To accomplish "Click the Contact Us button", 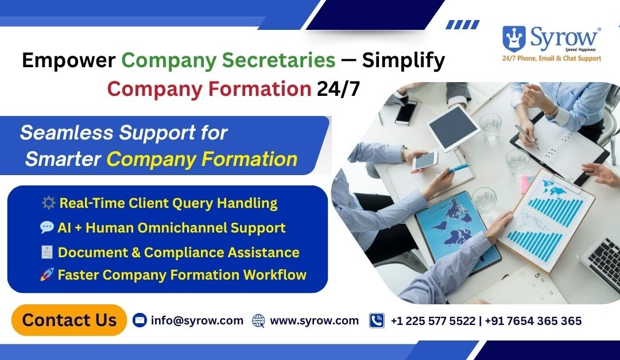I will (x=69, y=320).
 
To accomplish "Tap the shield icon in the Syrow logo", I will (x=514, y=38).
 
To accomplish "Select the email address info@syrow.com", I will (x=197, y=320).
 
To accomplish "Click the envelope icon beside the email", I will (x=139, y=320).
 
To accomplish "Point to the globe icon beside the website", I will (x=259, y=321).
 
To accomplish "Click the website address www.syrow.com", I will (x=314, y=320).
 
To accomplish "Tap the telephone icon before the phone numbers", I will (x=377, y=320).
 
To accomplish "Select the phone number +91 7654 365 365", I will (x=533, y=321).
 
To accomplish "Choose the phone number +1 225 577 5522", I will (x=433, y=321).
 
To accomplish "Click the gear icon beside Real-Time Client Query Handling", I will (x=48, y=203).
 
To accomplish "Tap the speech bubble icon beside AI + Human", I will (x=47, y=228).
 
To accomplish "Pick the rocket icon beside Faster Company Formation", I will (x=47, y=275).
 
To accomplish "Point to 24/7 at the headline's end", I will (x=339, y=89).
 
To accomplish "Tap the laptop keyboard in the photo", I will (x=603, y=261).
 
